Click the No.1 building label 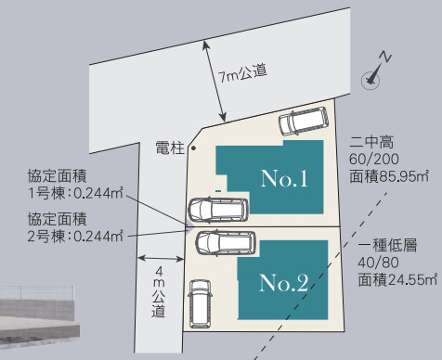[x=283, y=178]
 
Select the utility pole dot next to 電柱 [x=193, y=148]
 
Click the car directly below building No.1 [x=218, y=210]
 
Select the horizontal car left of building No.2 [x=223, y=243]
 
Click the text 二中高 [x=372, y=144]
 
